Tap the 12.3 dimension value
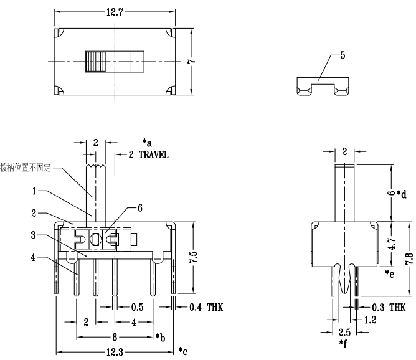(114, 352)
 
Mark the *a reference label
(147, 141)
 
